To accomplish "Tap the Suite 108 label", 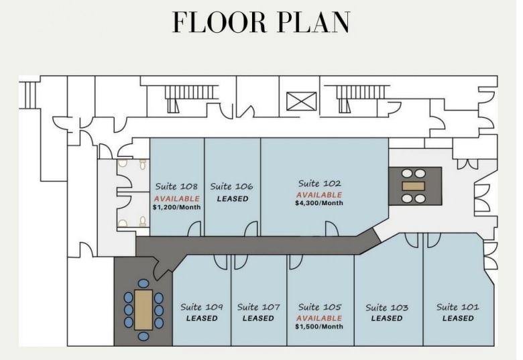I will click(x=176, y=187).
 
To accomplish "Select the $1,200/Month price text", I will click(x=176, y=207).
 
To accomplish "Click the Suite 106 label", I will click(x=231, y=187).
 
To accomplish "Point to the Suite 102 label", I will click(x=319, y=183).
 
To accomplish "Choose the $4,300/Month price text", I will click(x=319, y=203).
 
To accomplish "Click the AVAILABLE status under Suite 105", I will click(x=319, y=318).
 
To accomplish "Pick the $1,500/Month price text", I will click(x=319, y=326).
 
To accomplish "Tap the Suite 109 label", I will click(x=202, y=307).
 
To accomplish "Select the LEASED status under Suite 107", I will click(x=258, y=318).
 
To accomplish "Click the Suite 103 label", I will click(x=387, y=308).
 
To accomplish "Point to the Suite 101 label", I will click(x=458, y=307).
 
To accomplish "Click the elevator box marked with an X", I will click(x=296, y=101).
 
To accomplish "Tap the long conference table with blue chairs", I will click(x=143, y=309).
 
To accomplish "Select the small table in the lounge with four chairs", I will click(x=413, y=186).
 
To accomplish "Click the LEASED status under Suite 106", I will click(x=232, y=198).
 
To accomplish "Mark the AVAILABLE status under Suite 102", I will click(x=319, y=194).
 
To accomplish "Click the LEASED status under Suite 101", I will click(x=458, y=318).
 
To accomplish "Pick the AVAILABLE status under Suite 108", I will click(x=176, y=198).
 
